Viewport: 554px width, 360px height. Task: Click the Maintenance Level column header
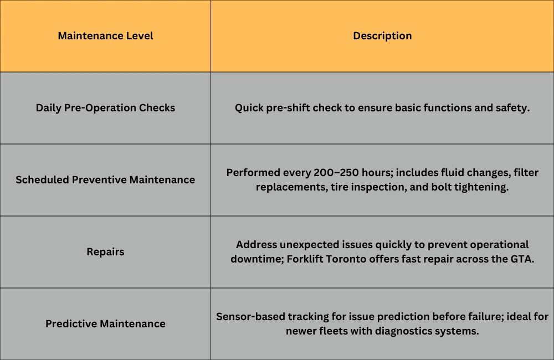tap(105, 36)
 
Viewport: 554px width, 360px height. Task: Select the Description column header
tap(382, 36)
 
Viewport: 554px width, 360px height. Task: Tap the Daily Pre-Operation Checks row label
tap(105, 108)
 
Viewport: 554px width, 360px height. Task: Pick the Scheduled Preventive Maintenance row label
tap(105, 180)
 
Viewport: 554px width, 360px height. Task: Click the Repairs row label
tap(105, 252)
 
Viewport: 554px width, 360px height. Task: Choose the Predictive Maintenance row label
tap(105, 324)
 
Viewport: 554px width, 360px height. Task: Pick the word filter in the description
tap(525, 173)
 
